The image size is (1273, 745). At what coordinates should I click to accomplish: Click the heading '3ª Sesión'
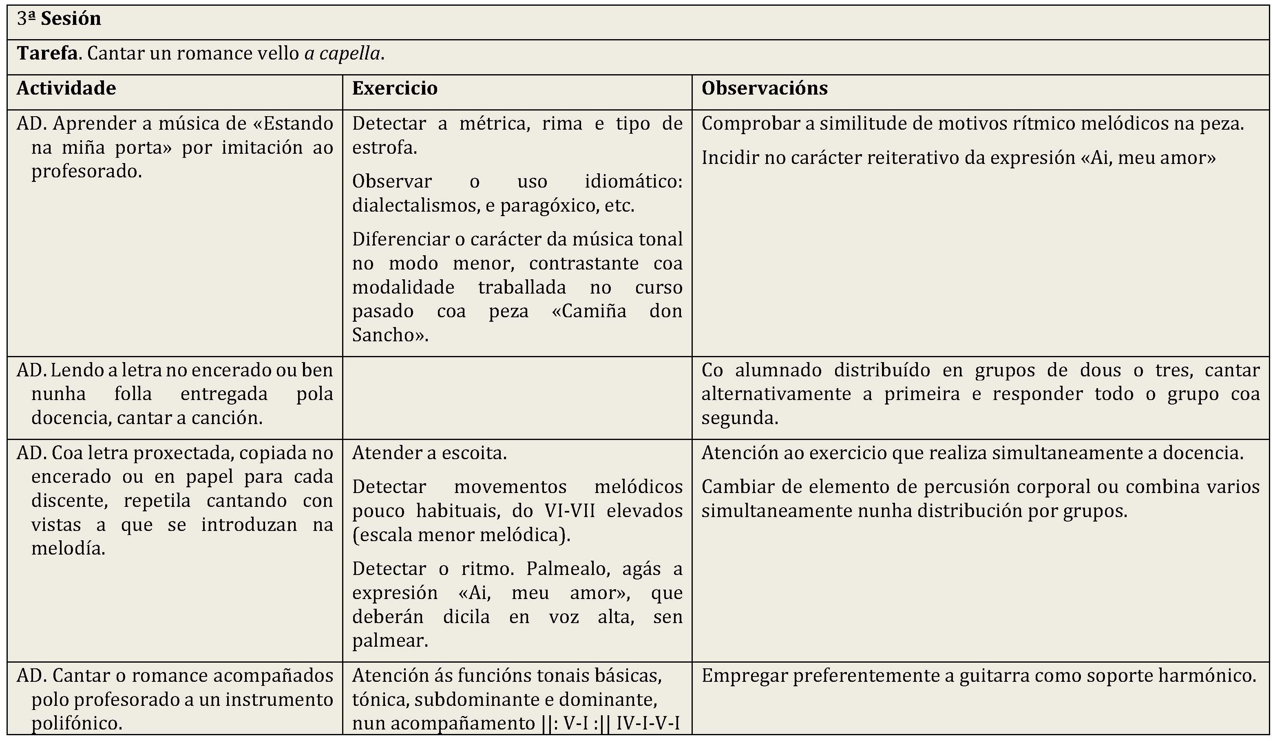click(59, 19)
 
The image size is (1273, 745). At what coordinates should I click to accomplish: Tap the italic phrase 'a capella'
click(342, 53)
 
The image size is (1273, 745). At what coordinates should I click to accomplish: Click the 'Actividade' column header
click(66, 88)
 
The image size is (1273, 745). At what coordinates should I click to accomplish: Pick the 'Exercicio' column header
click(395, 88)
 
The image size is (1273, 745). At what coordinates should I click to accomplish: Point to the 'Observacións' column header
click(764, 88)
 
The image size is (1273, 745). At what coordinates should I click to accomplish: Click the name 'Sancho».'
click(390, 335)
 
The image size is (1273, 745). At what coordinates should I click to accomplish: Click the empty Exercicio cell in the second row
click(517, 398)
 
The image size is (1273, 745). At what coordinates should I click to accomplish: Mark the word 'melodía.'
click(68, 548)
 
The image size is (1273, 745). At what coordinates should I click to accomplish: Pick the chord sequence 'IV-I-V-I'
click(648, 724)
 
